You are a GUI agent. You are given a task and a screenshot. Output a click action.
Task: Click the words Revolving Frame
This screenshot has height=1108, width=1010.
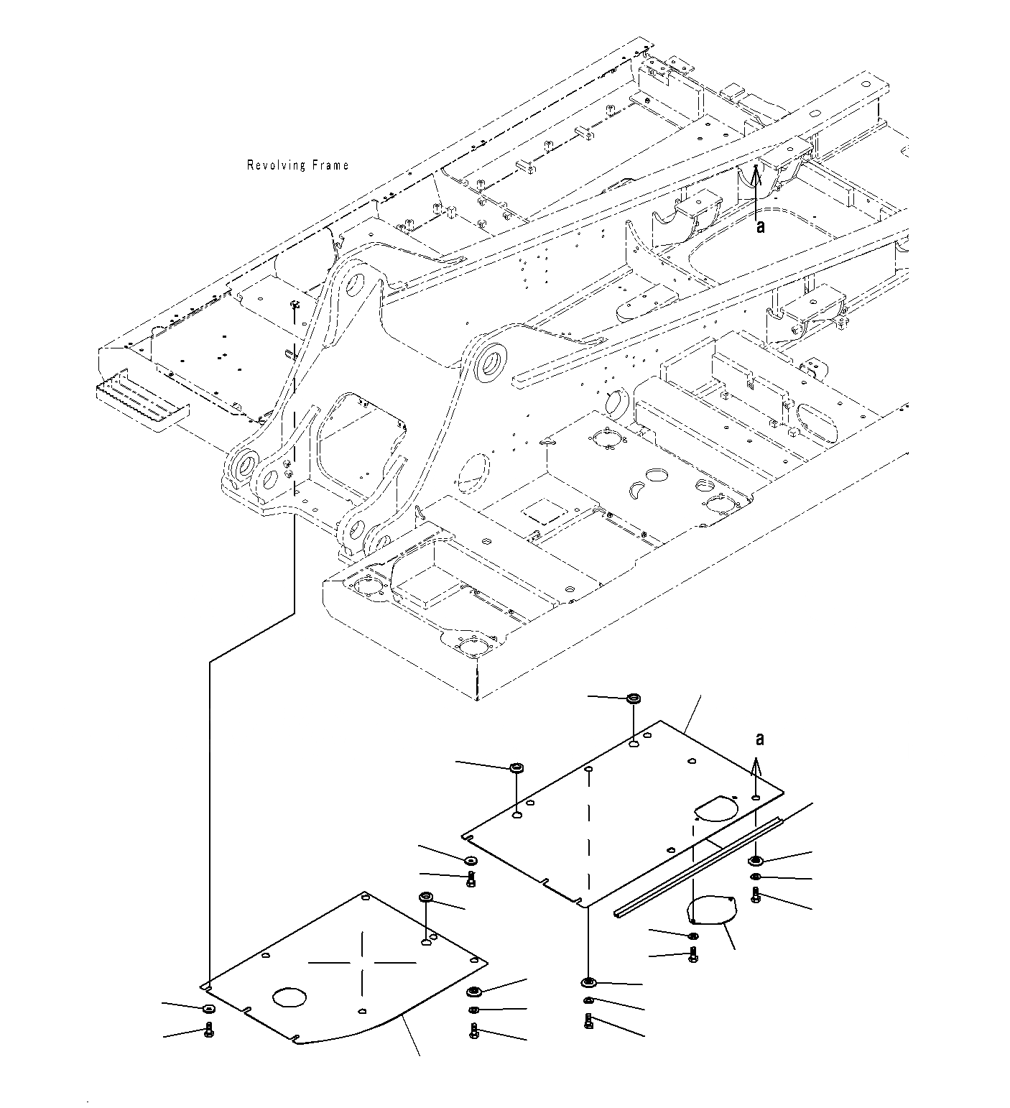(297, 165)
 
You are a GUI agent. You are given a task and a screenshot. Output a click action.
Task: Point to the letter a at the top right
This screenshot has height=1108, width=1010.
(760, 226)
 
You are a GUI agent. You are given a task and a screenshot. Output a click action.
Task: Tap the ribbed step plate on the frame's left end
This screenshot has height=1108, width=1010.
(142, 402)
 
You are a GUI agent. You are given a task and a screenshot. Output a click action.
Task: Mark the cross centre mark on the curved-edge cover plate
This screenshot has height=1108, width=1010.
(363, 961)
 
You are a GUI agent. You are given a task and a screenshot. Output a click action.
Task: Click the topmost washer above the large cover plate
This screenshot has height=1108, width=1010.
(634, 698)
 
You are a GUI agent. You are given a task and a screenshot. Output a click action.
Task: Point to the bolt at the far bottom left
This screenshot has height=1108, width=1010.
(209, 1030)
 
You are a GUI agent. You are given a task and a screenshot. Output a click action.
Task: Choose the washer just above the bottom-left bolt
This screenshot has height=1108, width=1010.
(207, 1009)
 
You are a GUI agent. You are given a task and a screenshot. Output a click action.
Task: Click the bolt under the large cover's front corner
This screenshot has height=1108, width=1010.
(589, 1021)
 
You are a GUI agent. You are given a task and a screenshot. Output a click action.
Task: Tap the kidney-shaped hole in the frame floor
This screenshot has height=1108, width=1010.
(636, 490)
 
